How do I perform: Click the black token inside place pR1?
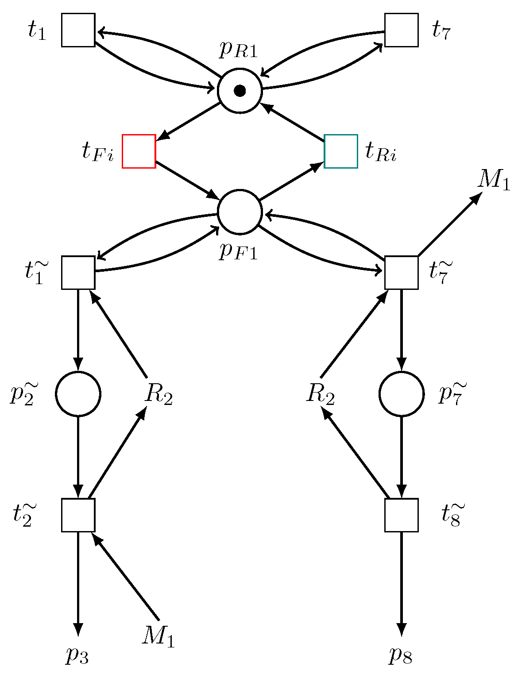coord(240,91)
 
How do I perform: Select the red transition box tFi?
coord(139,151)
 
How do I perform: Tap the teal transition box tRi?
coord(341,151)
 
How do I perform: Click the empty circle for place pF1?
coord(240,212)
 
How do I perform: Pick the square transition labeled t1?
coord(78,30)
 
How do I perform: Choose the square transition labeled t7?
coord(402,30)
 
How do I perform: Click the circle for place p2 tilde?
coord(78,394)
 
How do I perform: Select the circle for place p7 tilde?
coord(402,394)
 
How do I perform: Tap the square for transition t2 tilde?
coord(78,515)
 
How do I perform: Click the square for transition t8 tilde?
coord(402,515)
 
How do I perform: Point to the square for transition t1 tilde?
coord(78,273)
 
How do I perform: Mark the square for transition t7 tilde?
coord(402,273)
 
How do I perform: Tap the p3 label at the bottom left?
coord(77,656)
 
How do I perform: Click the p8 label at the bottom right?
coord(401,656)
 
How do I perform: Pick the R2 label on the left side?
coord(158,394)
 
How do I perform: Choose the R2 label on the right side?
coord(321,394)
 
